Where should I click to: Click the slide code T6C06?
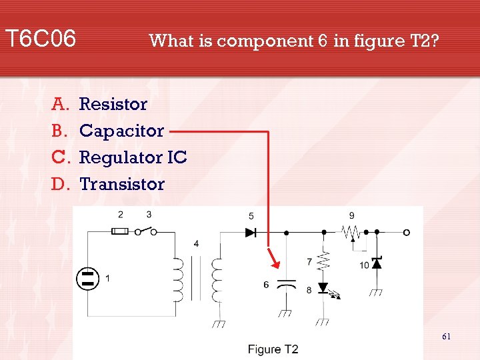point(41,39)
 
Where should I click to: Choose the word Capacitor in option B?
point(121,131)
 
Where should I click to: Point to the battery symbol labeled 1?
point(87,278)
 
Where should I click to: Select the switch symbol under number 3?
point(147,231)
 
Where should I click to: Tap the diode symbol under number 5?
point(251,232)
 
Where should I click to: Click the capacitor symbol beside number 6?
point(287,285)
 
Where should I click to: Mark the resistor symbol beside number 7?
point(323,261)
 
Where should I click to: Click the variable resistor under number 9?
point(351,233)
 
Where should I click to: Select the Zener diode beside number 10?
point(377,263)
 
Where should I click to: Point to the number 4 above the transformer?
point(196,244)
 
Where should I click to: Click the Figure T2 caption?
point(273,349)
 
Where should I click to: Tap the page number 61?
point(446,337)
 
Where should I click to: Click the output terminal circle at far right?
point(406,232)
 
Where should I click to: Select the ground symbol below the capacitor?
point(287,313)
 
